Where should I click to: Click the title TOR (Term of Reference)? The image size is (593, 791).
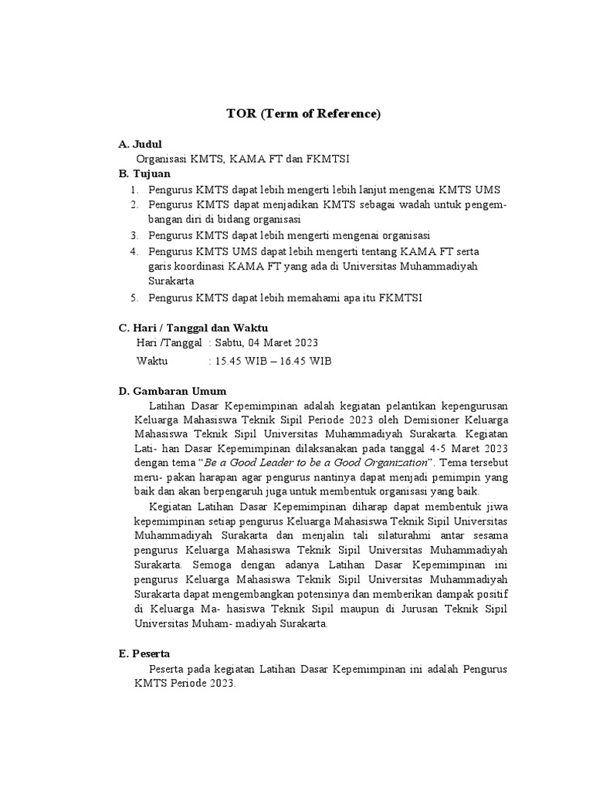[x=303, y=114]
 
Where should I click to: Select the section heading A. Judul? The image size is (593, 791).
[x=141, y=144]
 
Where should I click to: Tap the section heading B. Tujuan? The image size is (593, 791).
[x=144, y=174]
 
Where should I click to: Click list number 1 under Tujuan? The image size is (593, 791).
[x=134, y=189]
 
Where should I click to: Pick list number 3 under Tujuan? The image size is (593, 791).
[x=134, y=235]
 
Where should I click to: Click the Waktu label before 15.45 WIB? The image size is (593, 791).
[x=152, y=361]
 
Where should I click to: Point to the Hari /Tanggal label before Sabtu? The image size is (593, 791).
[x=169, y=342]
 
